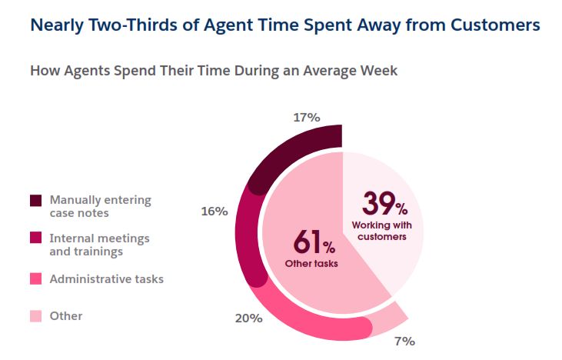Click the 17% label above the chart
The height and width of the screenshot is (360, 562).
[306, 118]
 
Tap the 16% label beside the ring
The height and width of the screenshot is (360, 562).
[214, 211]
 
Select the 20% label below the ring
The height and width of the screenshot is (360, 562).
[249, 318]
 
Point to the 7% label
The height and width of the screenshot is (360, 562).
[404, 341]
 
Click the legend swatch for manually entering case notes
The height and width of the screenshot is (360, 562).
[35, 201]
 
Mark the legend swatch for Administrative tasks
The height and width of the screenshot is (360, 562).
[35, 279]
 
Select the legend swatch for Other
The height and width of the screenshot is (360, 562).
[35, 316]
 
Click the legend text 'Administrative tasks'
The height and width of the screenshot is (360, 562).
[106, 279]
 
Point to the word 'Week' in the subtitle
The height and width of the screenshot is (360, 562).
[378, 71]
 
